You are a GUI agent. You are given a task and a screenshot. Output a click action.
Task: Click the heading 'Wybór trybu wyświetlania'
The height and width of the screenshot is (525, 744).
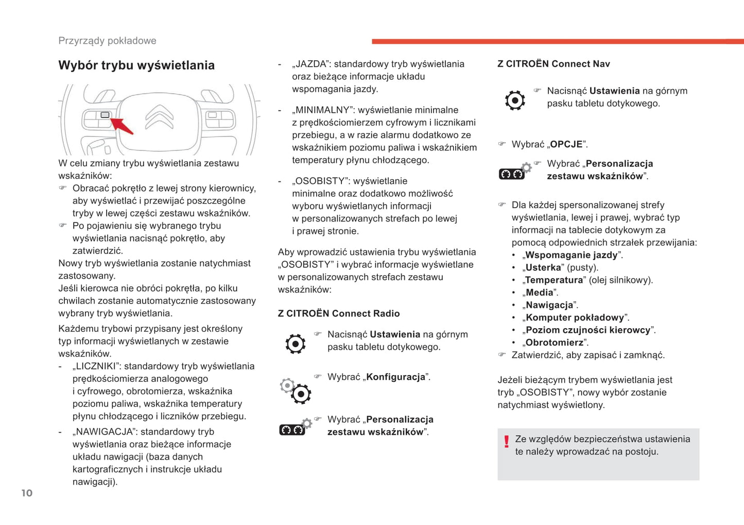(x=136, y=65)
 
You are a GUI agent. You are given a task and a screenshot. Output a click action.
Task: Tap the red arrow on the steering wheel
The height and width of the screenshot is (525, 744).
(x=123, y=126)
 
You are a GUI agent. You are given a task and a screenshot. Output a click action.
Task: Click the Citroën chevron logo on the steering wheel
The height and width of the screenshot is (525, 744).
(x=159, y=117)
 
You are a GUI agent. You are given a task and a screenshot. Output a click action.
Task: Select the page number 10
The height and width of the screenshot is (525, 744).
(x=27, y=493)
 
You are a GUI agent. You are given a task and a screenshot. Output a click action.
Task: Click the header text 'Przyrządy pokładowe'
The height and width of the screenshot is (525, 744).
(x=107, y=41)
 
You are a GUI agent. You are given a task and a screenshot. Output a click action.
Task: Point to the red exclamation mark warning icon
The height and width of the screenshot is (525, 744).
(x=507, y=442)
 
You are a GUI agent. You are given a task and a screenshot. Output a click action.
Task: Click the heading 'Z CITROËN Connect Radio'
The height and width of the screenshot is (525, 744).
(x=339, y=313)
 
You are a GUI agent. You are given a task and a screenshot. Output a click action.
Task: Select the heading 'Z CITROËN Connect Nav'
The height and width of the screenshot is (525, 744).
(x=553, y=64)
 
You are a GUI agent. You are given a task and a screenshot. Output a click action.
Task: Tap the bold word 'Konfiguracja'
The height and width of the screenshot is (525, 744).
(x=395, y=377)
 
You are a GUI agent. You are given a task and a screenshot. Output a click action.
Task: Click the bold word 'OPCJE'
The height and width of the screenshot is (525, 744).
(x=566, y=144)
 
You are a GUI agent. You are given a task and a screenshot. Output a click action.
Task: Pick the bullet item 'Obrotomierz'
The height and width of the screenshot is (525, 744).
(x=555, y=343)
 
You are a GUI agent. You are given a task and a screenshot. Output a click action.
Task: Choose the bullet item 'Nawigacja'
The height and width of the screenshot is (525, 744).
(x=549, y=305)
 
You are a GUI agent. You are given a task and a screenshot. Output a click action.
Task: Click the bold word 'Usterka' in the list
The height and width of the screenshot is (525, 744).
(x=543, y=267)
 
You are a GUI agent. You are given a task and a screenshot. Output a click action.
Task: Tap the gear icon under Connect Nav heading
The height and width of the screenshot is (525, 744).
(x=515, y=100)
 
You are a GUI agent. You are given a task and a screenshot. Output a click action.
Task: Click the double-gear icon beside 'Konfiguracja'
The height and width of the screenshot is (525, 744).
(x=296, y=391)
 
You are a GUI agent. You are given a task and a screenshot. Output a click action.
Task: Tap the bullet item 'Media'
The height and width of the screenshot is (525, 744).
(x=540, y=293)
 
